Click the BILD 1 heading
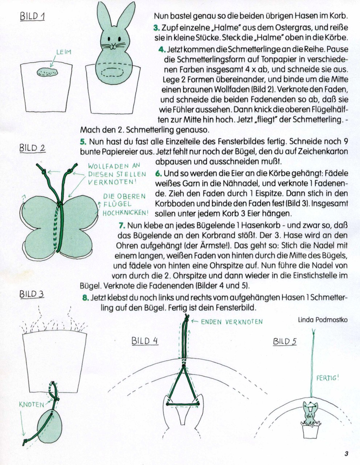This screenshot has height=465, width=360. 32,16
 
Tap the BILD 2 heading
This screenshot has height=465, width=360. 32,148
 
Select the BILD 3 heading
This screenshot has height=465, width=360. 32,294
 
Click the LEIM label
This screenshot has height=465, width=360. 64,52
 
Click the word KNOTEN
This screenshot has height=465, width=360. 32,404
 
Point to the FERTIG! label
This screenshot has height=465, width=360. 327,378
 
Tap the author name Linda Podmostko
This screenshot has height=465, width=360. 322,320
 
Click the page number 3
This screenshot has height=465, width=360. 346,454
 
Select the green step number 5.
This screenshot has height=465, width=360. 83,141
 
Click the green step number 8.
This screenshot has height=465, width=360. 85,298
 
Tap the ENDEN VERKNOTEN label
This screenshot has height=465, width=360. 232,322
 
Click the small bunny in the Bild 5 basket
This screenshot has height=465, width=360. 310,413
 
